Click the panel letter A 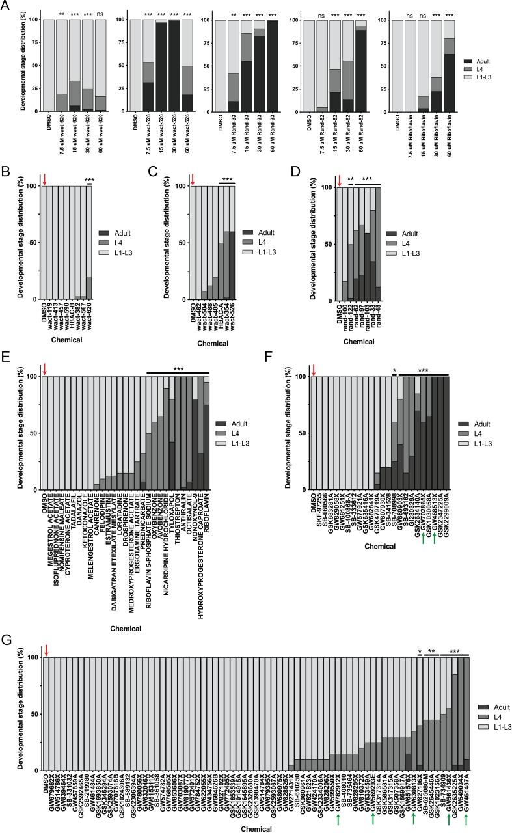click(x=6, y=6)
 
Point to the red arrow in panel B click(x=44, y=179)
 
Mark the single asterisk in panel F click(x=394, y=372)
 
